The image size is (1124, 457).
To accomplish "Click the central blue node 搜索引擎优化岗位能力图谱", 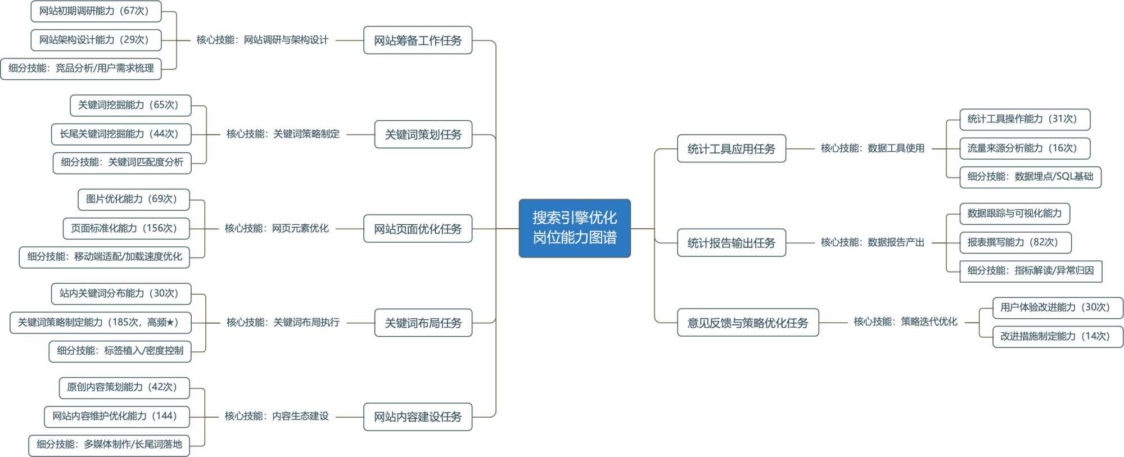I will tap(574, 228).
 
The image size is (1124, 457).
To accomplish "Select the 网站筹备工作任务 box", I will tap(417, 40).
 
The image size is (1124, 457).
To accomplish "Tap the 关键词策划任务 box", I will tap(423, 134).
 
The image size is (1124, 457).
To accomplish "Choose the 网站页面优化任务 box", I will tap(417, 229).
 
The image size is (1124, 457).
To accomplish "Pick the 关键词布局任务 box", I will tap(423, 323).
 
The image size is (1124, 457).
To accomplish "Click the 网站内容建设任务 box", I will tap(417, 417).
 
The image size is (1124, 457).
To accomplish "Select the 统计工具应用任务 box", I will tap(731, 148).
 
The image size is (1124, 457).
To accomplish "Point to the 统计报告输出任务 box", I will tap(731, 243).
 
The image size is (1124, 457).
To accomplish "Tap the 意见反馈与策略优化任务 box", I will tap(747, 323).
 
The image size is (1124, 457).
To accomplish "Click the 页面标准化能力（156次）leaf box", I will tap(126, 228).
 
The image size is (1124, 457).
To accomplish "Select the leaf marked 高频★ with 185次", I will tap(100, 323).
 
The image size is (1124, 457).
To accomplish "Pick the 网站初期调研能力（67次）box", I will tap(96, 11).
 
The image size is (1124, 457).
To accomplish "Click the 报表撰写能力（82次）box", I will tap(1015, 242).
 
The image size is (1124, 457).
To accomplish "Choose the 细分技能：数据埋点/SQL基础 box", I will tap(1030, 177).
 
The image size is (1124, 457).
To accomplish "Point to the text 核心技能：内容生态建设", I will tap(277, 416).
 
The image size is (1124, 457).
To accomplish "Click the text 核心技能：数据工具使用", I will tap(872, 148).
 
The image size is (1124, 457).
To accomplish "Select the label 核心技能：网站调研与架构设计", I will tap(262, 40).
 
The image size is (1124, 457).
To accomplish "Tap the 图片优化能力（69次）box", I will tap(133, 199).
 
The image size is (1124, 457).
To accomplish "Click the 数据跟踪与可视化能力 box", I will tap(1014, 214).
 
